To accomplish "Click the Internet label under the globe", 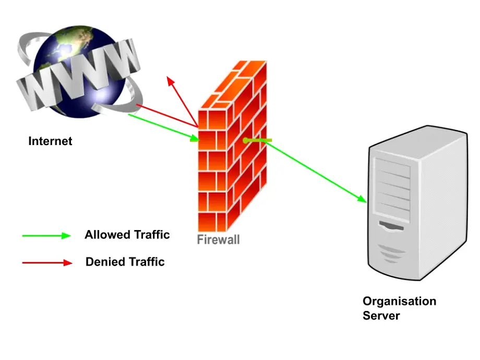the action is (50, 141).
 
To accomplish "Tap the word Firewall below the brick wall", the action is (218, 239).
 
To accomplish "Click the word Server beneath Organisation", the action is (381, 316).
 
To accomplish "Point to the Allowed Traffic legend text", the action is (127, 235).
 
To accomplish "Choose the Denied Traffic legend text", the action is (125, 262).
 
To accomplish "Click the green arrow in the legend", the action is (46, 235).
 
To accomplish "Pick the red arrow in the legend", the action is (47, 262).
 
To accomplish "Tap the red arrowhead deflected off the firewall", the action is (171, 81).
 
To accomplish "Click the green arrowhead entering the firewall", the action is (195, 138).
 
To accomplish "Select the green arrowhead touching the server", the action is (362, 198).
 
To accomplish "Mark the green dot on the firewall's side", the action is (245, 141).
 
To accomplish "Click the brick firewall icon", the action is (232, 146).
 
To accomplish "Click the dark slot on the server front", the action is (391, 226).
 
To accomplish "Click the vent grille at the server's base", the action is (391, 253).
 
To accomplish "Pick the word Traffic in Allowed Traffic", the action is (152, 235).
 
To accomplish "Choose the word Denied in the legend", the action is (105, 262).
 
